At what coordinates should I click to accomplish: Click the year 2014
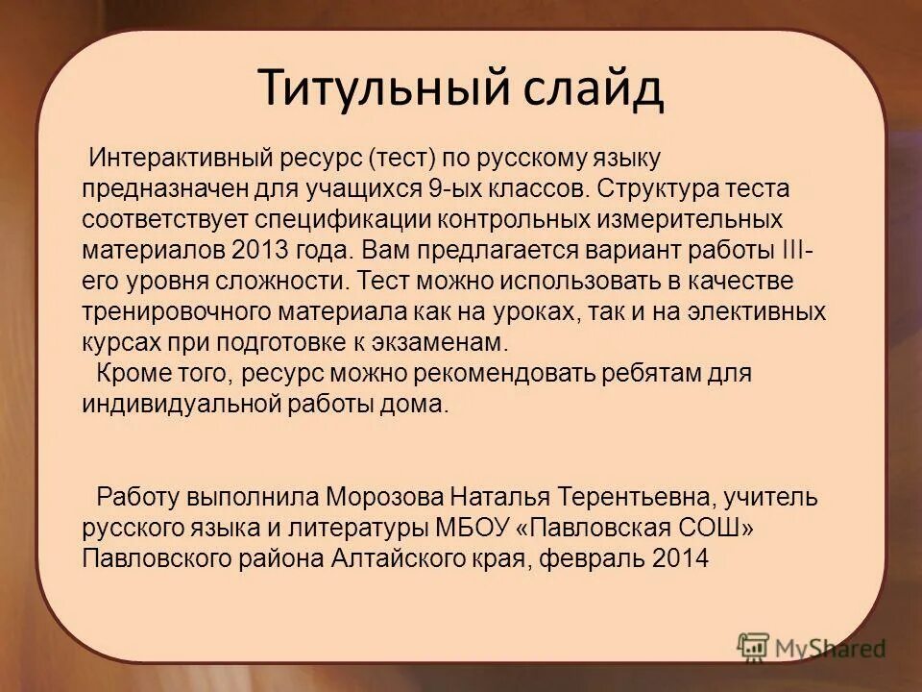[x=674, y=558]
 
